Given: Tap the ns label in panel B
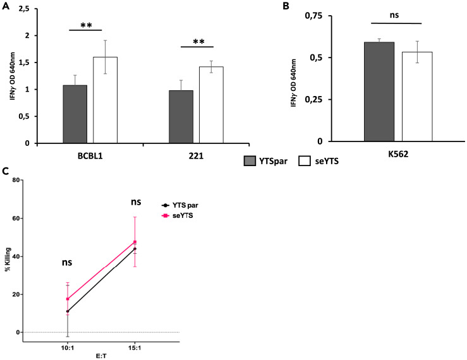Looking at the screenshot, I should tap(395, 14).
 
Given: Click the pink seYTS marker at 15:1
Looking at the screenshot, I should tap(135, 242).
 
